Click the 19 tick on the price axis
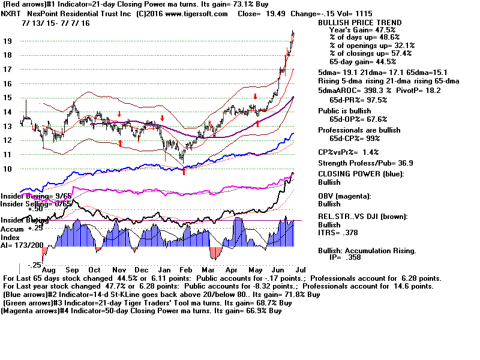(x=7, y=41)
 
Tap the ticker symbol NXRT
(x=13, y=14)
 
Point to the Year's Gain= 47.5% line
(x=360, y=30)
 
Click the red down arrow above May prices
(x=256, y=96)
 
